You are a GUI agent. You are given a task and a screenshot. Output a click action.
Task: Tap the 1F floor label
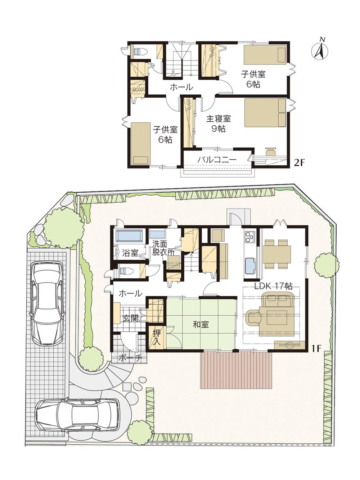(316, 348)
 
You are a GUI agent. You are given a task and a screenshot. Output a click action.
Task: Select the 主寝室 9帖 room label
(218, 124)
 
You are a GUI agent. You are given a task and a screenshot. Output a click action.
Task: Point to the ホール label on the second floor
(181, 87)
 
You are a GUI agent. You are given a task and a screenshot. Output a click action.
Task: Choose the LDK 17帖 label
(273, 286)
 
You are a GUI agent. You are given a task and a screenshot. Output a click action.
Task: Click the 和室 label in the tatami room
(201, 324)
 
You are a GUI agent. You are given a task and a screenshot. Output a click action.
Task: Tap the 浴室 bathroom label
(130, 253)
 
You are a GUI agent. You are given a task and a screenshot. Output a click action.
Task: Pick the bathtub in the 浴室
(129, 236)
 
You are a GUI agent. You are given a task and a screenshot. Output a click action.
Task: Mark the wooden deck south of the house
(235, 369)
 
